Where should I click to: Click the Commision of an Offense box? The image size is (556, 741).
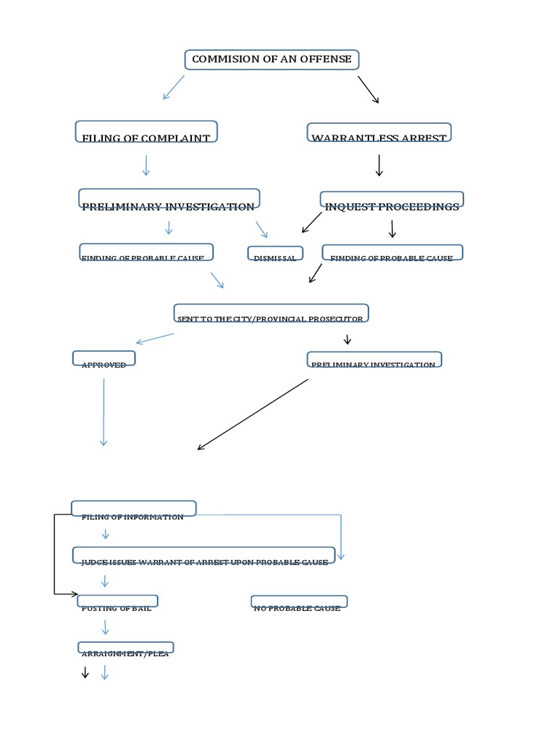point(271,59)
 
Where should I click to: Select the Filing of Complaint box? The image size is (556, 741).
point(146,133)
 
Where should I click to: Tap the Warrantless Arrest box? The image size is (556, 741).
point(379,133)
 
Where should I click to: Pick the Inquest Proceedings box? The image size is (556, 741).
point(392,201)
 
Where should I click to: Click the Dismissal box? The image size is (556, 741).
point(274,254)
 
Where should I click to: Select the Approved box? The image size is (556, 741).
point(104,360)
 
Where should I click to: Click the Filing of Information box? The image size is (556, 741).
point(133,509)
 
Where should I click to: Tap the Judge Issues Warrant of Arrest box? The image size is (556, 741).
point(203,556)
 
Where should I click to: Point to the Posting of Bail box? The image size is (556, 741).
point(117,603)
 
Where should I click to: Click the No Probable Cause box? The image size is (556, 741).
point(299,603)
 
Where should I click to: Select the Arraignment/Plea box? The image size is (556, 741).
point(125,648)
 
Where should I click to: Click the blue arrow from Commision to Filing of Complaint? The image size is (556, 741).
point(174,87)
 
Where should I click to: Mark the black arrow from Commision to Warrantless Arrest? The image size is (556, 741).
point(368,89)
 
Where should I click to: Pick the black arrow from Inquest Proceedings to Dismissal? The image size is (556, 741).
point(311,222)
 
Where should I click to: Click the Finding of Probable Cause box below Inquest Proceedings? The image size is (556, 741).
point(392,253)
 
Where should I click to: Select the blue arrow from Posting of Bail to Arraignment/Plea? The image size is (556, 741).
point(106,627)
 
